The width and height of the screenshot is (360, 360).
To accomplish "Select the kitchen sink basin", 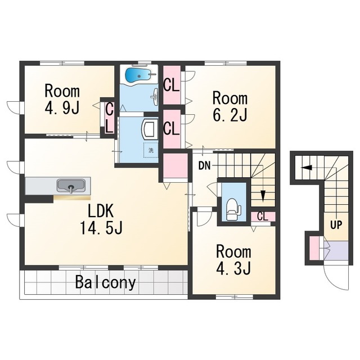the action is pyautogui.click(x=71, y=186).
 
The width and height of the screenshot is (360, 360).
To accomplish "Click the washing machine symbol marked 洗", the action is pyautogui.click(x=151, y=150).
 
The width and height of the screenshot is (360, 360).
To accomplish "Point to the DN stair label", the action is pyautogui.click(x=204, y=166).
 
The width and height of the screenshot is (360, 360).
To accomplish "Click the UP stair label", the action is pyautogui.click(x=336, y=225).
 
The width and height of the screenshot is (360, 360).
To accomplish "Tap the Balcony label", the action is pyautogui.click(x=105, y=282).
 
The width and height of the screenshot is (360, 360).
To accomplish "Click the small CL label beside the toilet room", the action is pyautogui.click(x=263, y=216).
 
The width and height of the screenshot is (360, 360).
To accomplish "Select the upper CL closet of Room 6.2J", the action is pyautogui.click(x=172, y=84).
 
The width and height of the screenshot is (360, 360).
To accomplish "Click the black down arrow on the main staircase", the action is pyautogui.click(x=263, y=196).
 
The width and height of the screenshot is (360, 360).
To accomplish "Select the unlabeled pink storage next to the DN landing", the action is pyautogui.click(x=175, y=165).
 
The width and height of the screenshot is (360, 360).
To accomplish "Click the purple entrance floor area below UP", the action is pyautogui.click(x=337, y=250).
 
